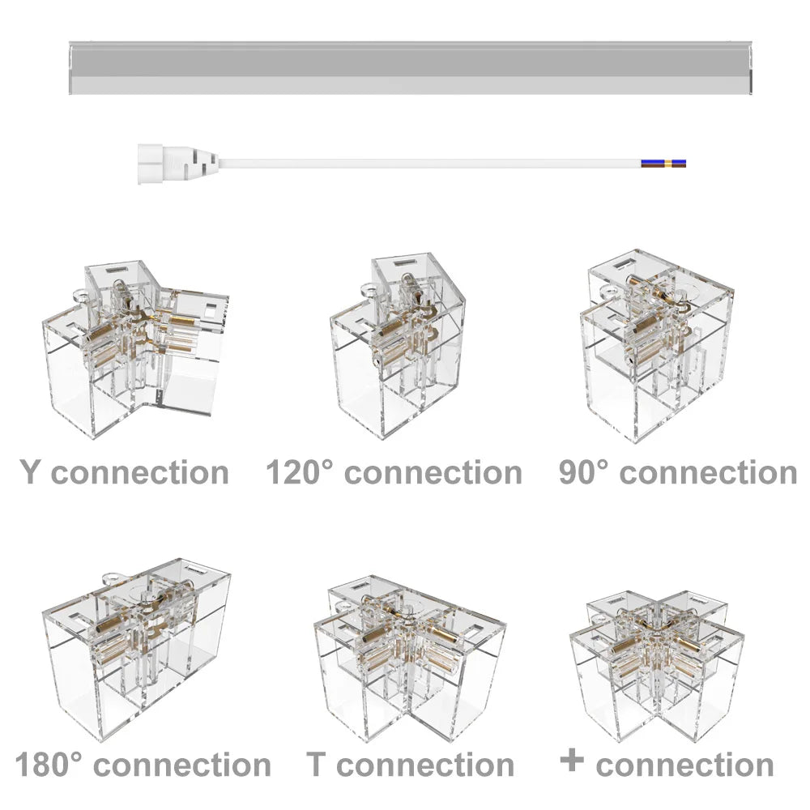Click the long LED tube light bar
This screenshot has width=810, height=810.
click(x=410, y=68)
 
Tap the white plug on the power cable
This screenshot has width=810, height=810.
click(x=178, y=164)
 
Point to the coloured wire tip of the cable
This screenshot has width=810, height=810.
click(x=663, y=164)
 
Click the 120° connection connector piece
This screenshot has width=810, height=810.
click(x=398, y=346)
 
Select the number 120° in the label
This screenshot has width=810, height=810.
click(x=300, y=471)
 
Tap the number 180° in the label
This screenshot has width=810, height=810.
click(x=49, y=764)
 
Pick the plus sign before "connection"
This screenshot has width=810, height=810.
click(x=572, y=760)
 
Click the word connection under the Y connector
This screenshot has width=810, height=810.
click(x=140, y=472)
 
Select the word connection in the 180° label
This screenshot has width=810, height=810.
click(x=182, y=765)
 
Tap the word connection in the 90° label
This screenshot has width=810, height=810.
click(x=708, y=472)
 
